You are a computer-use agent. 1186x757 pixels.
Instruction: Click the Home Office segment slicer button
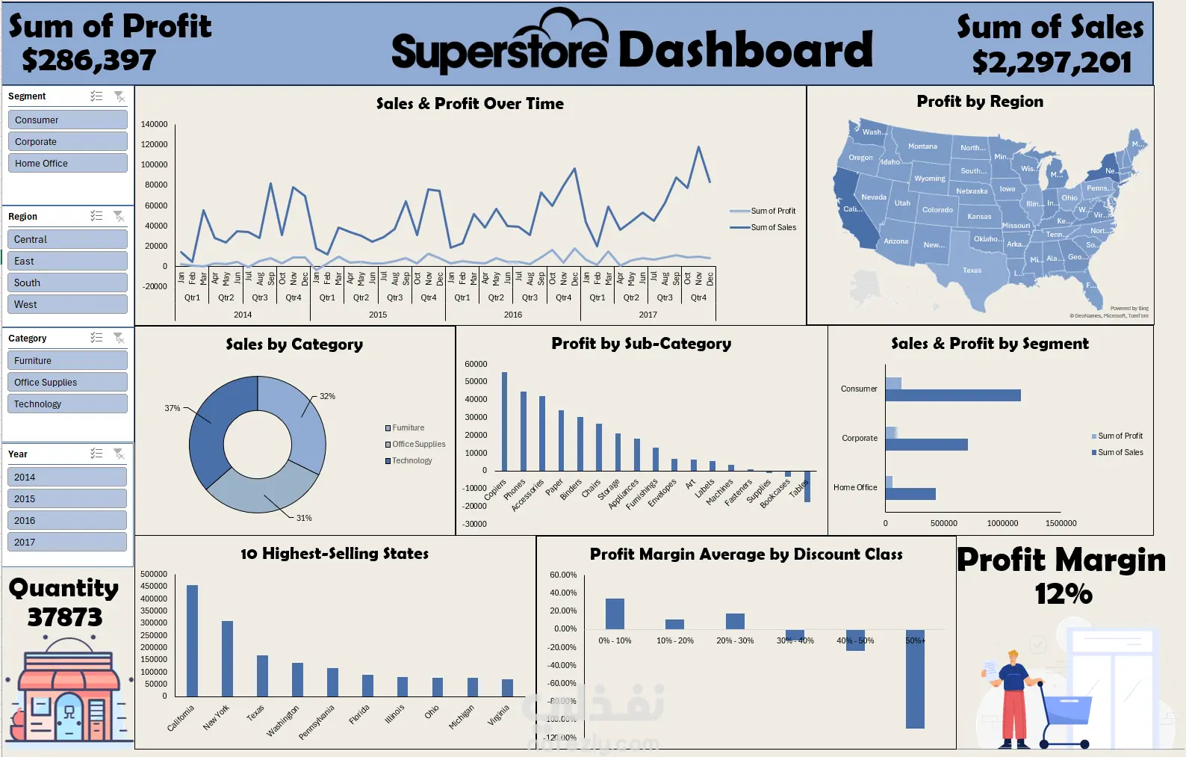(x=67, y=163)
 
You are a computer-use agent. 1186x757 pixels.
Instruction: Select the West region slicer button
(x=67, y=304)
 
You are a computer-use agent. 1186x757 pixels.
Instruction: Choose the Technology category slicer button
(x=67, y=404)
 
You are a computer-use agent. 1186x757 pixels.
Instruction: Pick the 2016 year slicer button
(x=67, y=520)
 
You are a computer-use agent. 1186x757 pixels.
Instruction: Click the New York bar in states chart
(x=227, y=658)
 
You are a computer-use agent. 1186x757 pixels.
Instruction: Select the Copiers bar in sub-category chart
(x=504, y=421)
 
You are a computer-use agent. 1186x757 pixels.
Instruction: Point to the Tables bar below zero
(x=807, y=486)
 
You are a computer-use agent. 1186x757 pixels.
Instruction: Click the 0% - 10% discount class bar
(x=615, y=614)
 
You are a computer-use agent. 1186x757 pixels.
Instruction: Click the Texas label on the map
(x=972, y=271)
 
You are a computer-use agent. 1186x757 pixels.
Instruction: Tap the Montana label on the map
(x=922, y=146)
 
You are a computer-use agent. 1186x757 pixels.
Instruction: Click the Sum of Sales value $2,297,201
(x=1052, y=63)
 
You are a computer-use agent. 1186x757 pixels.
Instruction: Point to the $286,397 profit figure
(x=89, y=61)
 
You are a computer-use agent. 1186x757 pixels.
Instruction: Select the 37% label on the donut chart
(x=173, y=408)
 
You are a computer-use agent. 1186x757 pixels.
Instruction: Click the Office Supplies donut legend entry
(x=418, y=444)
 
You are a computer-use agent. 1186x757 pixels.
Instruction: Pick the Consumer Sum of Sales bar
(x=953, y=395)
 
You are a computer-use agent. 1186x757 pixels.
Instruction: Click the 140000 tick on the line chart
(x=154, y=124)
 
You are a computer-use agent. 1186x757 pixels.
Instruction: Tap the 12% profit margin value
(x=1063, y=594)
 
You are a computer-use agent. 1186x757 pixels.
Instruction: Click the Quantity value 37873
(x=65, y=617)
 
